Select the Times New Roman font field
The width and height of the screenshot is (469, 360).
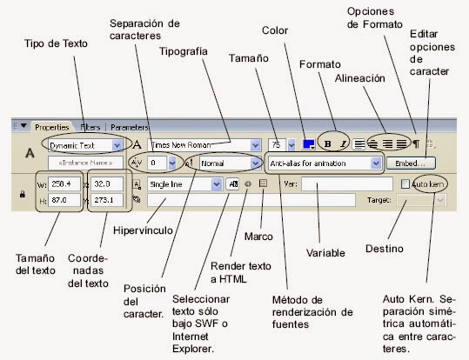tap(204, 144)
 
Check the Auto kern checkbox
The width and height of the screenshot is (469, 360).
tap(405, 184)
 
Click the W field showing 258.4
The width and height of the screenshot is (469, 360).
tap(64, 184)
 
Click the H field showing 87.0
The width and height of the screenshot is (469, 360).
tap(64, 200)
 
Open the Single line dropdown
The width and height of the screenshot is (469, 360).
tap(184, 184)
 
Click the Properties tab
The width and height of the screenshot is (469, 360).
tap(52, 127)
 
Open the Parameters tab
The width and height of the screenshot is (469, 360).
tap(129, 127)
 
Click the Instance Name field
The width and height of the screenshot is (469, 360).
tap(84, 163)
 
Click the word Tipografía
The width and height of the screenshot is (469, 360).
tap(183, 51)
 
